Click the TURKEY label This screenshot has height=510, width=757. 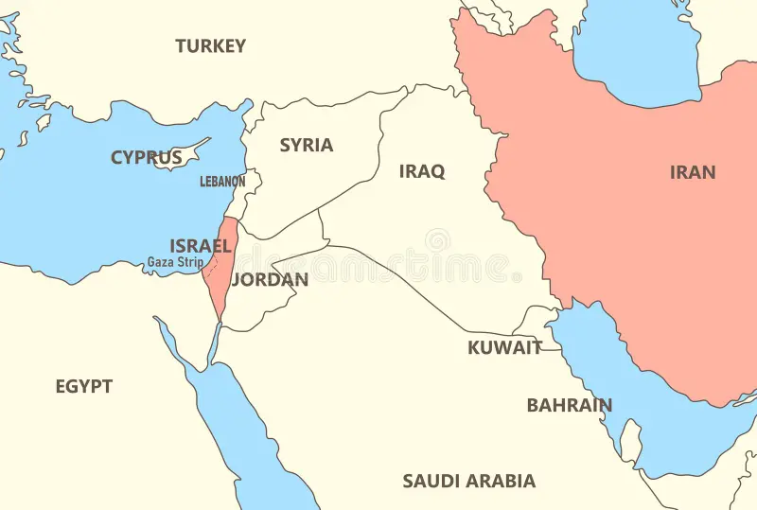point(210,45)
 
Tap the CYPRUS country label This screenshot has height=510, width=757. point(146,157)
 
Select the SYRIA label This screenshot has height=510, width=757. point(306,145)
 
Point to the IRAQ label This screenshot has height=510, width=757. point(421,171)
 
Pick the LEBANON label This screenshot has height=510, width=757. point(222,181)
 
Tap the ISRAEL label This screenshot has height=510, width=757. point(201,245)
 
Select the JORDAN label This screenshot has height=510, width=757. point(270,279)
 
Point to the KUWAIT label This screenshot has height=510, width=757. point(505,347)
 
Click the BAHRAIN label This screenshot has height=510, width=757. point(569,405)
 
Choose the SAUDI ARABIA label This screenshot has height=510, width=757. point(468,481)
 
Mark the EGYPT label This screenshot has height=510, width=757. point(83,386)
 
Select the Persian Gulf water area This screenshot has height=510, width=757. point(606,378)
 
